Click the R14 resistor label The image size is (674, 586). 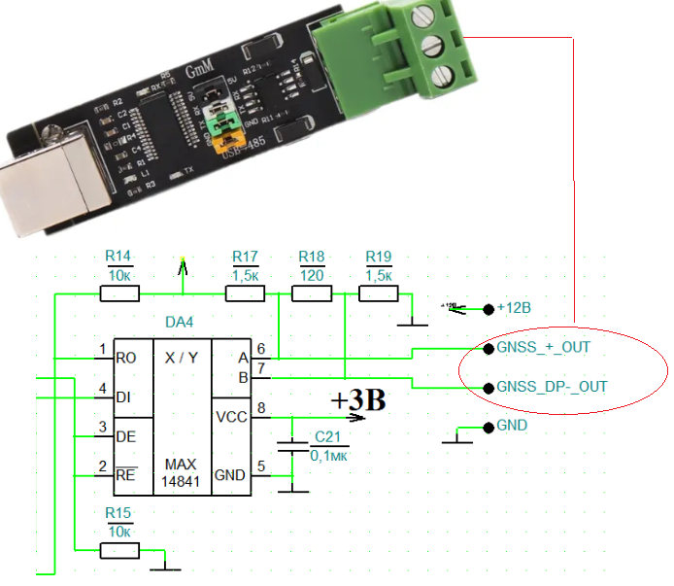point(118,257)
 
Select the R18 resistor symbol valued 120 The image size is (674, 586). point(312,293)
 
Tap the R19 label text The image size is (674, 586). point(379,257)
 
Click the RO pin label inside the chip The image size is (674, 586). point(126,358)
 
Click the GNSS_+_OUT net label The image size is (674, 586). point(543,347)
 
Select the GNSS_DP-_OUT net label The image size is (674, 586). point(552,387)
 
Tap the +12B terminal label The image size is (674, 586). point(514,308)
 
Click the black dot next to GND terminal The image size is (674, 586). point(487,427)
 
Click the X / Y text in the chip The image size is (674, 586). point(182,358)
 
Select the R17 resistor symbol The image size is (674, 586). point(246,293)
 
